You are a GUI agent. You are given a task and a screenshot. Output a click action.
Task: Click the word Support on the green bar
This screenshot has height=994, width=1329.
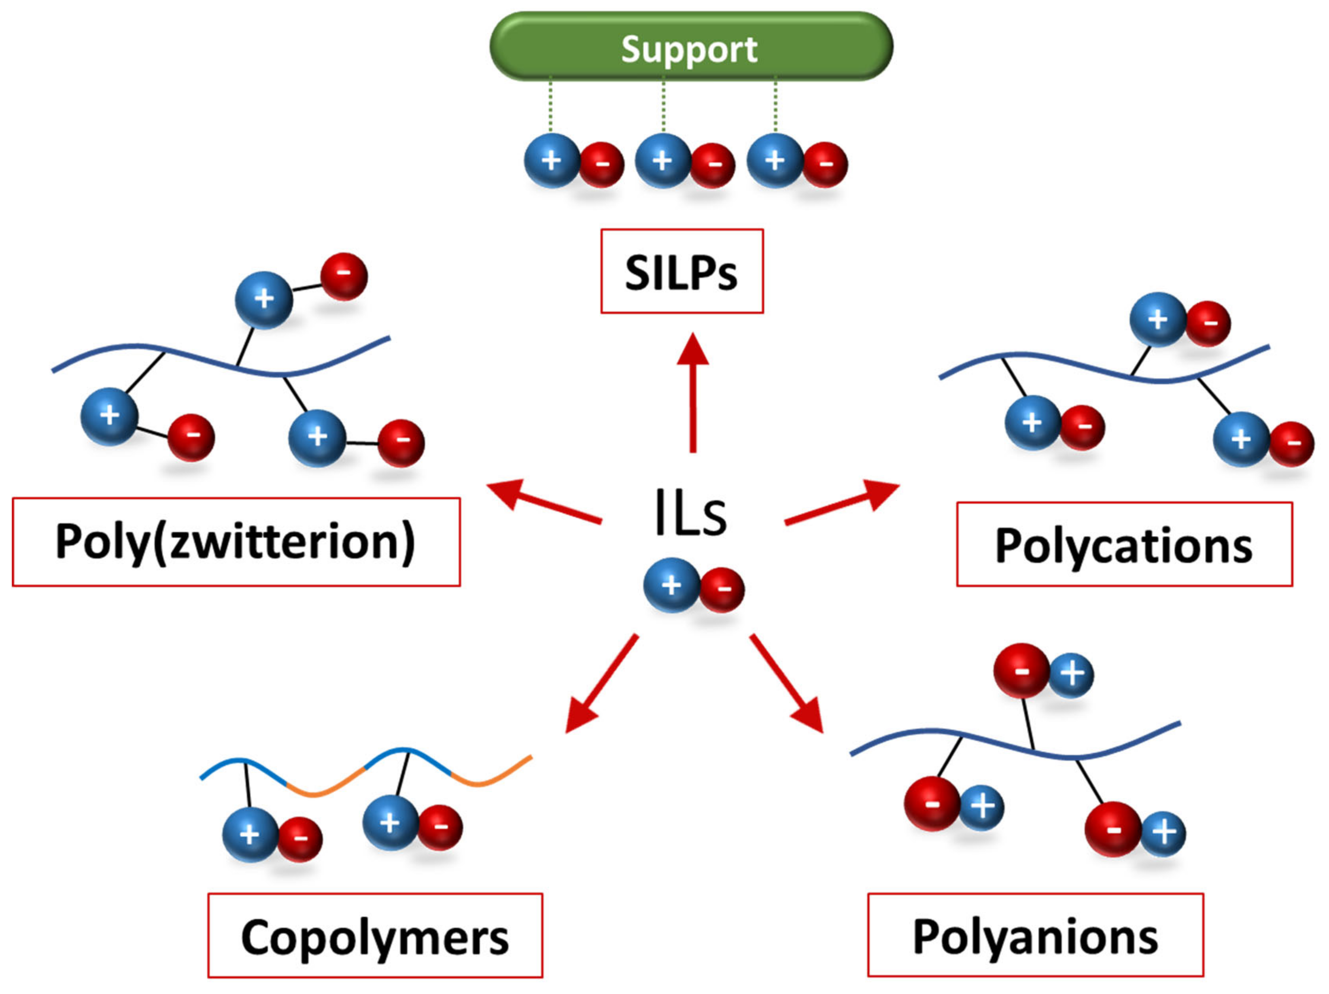689,49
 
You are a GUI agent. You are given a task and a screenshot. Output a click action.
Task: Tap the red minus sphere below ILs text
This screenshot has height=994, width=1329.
722,590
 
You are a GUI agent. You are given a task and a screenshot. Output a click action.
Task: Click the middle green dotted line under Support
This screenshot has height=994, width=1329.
663,106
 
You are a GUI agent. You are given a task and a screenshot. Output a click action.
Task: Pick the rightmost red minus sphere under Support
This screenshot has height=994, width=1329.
826,164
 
